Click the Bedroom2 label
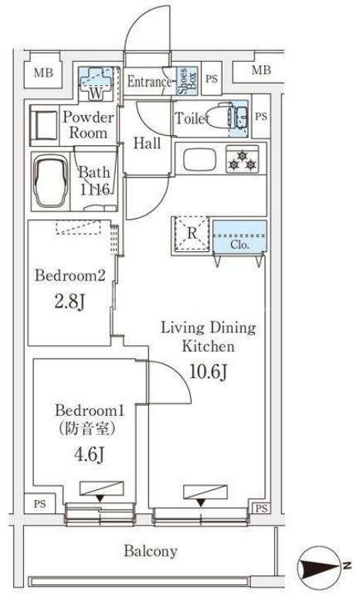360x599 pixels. [x=70, y=275]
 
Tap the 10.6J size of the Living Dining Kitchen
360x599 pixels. [x=209, y=371]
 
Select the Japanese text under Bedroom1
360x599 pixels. [x=87, y=430]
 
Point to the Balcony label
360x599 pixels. [x=151, y=551]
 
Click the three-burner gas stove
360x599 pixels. [x=242, y=160]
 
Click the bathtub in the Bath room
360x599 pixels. [x=51, y=182]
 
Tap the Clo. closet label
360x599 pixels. [x=239, y=244]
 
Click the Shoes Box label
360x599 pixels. [x=187, y=81]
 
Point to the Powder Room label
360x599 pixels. [x=88, y=125]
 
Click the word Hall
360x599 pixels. [x=147, y=144]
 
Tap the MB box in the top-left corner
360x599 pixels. [x=43, y=73]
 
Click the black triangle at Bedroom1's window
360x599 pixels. [x=100, y=499]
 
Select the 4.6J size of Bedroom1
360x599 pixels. [x=90, y=455]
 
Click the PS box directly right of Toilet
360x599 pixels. [x=261, y=116]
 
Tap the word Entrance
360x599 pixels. [x=148, y=81]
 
